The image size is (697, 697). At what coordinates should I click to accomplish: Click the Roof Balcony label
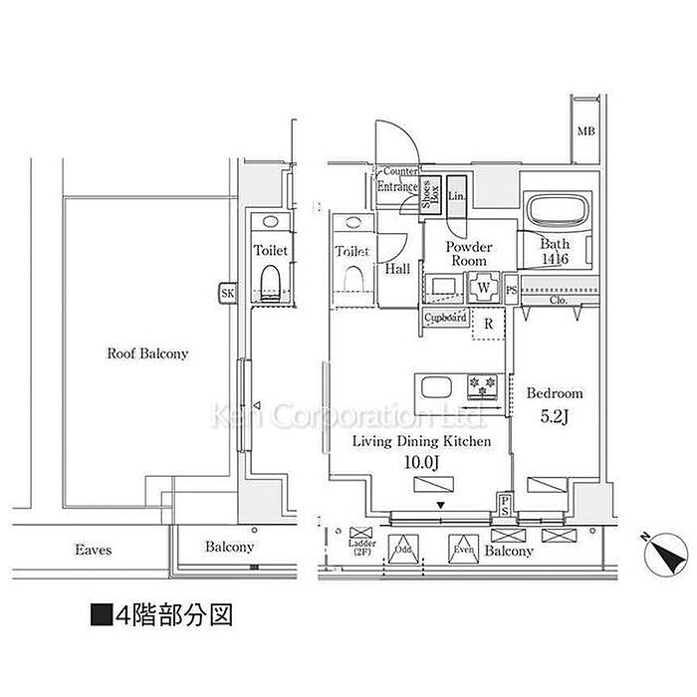click(148, 353)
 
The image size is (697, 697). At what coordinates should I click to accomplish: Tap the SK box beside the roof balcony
click(228, 293)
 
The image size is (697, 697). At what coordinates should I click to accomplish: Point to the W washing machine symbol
click(483, 287)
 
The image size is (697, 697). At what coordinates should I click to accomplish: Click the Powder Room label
click(468, 253)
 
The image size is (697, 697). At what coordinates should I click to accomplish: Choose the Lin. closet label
click(457, 195)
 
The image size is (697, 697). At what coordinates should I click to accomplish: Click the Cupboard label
click(445, 318)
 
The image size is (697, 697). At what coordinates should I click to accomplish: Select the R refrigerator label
click(489, 323)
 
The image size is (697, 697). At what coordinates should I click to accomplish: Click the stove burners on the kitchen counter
click(482, 381)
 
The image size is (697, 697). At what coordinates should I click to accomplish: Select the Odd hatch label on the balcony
click(402, 550)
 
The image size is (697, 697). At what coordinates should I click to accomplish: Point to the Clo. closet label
click(558, 298)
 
